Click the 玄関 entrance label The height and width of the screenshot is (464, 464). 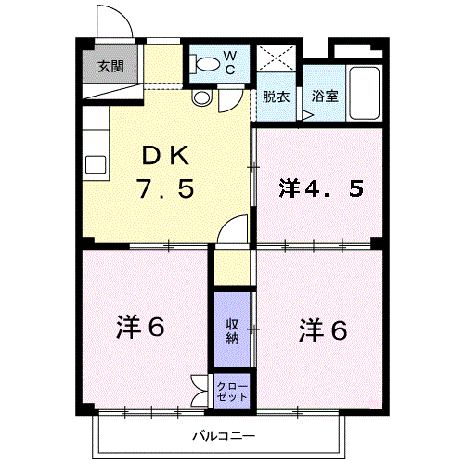click(x=111, y=66)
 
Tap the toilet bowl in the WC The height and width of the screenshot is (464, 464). click(x=204, y=64)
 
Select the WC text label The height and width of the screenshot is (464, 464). click(x=230, y=63)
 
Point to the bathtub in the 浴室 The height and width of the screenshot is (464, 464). click(x=364, y=93)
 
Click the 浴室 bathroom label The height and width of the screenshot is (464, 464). click(x=325, y=96)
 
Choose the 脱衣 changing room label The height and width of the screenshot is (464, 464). click(x=276, y=97)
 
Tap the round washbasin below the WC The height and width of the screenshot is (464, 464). click(x=201, y=97)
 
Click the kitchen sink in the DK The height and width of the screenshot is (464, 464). click(x=96, y=164)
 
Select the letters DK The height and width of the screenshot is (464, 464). click(x=165, y=156)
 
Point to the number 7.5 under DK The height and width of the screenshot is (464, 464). click(x=166, y=188)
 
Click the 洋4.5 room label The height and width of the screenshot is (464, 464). click(x=321, y=188)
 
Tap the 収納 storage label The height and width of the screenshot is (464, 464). click(x=232, y=331)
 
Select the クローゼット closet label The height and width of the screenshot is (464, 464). click(x=232, y=392)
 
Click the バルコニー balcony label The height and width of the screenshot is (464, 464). click(x=225, y=436)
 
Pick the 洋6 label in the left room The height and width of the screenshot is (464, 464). click(x=140, y=328)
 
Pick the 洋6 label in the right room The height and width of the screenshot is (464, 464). click(x=323, y=330)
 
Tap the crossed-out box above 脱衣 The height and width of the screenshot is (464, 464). click(x=277, y=58)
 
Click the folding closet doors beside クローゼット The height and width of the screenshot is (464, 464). click(x=200, y=392)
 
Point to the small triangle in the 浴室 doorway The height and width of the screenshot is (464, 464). click(x=307, y=115)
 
